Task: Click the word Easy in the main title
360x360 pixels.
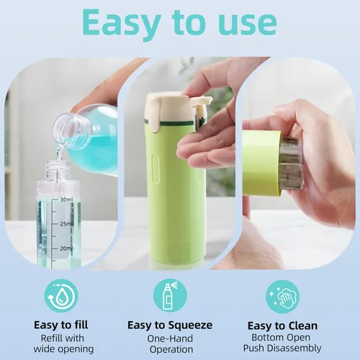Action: (122, 24)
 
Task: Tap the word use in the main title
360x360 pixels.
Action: (248, 22)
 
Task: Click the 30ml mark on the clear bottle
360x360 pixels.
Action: (66, 199)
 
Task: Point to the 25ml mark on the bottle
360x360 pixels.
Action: (66, 224)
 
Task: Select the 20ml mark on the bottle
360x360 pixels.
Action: (66, 248)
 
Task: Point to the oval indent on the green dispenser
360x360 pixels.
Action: (156, 168)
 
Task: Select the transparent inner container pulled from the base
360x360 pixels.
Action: (291, 163)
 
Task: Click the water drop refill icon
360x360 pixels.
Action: (61, 296)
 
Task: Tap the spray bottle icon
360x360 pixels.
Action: (170, 295)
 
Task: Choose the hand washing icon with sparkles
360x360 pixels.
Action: (282, 297)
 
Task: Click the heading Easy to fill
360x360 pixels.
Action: (61, 325)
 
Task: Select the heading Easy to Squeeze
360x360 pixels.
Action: (170, 325)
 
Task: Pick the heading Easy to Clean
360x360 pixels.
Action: (282, 326)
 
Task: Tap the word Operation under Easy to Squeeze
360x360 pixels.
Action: (171, 349)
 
